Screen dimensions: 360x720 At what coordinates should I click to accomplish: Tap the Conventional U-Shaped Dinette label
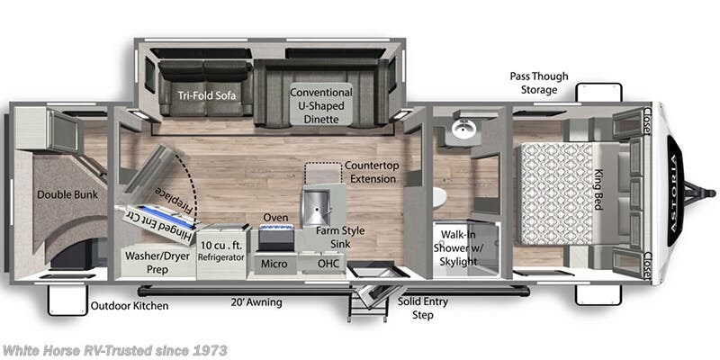pyautogui.click(x=321, y=104)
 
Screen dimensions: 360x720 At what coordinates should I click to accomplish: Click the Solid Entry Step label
pyautogui.click(x=423, y=309)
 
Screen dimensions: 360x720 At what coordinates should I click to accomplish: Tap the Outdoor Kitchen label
pyautogui.click(x=130, y=306)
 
